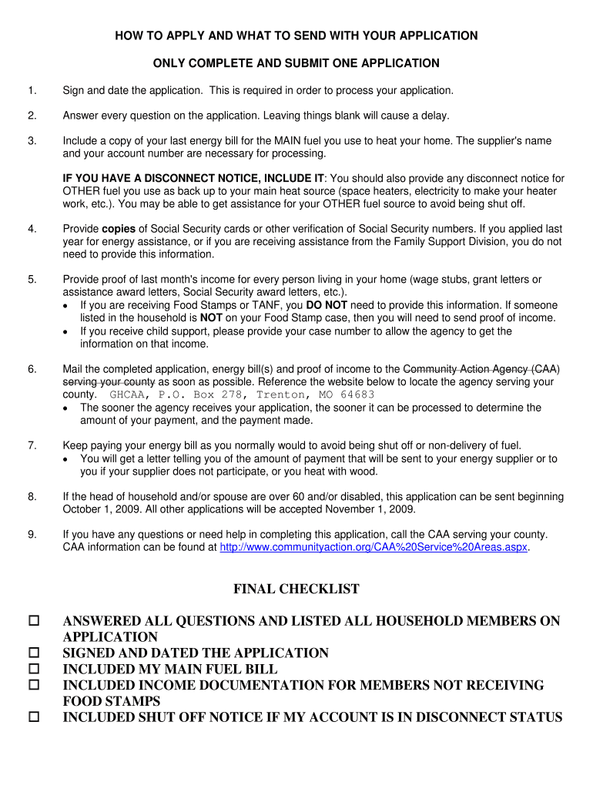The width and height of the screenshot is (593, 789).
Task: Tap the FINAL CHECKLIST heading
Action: [296, 589]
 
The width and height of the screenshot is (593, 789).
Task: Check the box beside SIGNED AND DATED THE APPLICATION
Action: [34, 652]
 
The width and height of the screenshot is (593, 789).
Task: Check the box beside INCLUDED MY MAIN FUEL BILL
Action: [34, 669]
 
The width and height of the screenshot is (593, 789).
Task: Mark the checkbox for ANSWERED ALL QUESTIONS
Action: [34, 620]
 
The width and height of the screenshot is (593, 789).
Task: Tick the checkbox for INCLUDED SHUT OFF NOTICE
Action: [34, 717]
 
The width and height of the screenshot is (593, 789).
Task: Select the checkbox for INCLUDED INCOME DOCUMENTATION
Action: [34, 684]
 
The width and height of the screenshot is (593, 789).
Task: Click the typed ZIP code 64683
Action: [357, 394]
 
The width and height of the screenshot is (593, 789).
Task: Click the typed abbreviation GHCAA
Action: [127, 394]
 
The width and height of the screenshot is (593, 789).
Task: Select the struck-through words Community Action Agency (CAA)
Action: [481, 368]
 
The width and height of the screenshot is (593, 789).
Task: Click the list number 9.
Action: [32, 534]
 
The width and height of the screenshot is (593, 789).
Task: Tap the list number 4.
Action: [32, 229]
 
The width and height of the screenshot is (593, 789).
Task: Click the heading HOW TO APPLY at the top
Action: [296, 35]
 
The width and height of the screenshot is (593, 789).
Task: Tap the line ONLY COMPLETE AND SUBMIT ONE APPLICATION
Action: [296, 63]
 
